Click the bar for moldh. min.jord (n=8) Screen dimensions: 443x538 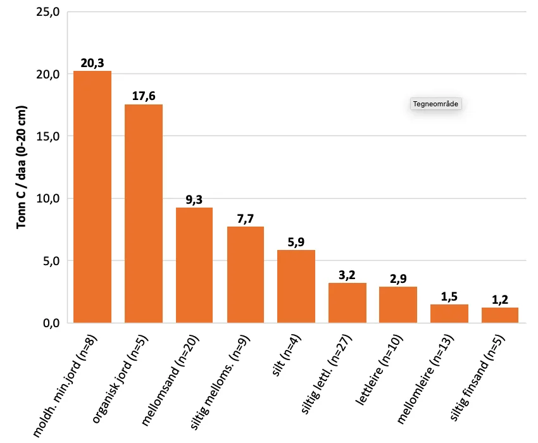[92, 197]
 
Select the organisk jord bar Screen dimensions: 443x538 [144, 214]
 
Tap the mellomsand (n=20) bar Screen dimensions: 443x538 [194, 265]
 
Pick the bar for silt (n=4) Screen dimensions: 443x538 [296, 286]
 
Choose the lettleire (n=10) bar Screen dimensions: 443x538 [398, 304]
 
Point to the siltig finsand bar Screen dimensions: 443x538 [500, 315]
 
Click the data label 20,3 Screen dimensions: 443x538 [92, 63]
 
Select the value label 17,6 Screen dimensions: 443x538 [144, 96]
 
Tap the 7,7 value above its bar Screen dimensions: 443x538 [246, 219]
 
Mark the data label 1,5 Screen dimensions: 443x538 [449, 296]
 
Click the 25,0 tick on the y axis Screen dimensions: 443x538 [47, 12]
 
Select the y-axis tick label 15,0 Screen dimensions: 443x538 [47, 136]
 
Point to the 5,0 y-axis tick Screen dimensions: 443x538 [49, 261]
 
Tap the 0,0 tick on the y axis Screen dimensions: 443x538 [49, 323]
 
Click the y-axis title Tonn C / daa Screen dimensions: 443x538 [21, 168]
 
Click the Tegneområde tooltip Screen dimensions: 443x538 [436, 103]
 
